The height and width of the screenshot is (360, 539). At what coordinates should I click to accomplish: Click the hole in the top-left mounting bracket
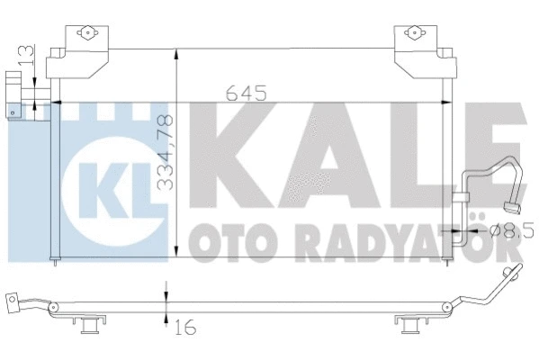[x=87, y=34]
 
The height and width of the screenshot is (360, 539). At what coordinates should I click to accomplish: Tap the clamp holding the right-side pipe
[x=463, y=195]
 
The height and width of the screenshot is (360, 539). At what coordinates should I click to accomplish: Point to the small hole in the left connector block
[x=14, y=112]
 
